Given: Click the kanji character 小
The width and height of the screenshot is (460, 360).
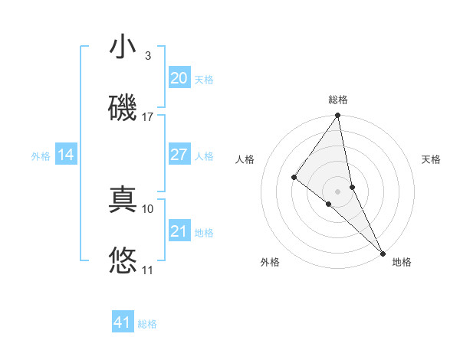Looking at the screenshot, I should [x=123, y=47].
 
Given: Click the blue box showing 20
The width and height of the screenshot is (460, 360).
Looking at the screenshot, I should [x=179, y=77].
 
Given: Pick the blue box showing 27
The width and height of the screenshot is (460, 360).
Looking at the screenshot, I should [x=179, y=155].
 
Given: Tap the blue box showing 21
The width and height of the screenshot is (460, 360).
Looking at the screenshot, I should [x=179, y=231].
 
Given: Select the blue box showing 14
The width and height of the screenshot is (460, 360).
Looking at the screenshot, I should [x=66, y=155].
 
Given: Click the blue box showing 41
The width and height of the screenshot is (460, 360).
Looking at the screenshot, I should [x=123, y=322].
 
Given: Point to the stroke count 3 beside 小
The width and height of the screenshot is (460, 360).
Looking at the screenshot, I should [x=148, y=56].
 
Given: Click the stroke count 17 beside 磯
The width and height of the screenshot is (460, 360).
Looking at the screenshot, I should [x=148, y=117].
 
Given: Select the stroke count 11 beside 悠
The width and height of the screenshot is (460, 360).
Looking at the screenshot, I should [x=148, y=270].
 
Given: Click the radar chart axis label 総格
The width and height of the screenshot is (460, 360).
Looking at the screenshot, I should [x=338, y=100].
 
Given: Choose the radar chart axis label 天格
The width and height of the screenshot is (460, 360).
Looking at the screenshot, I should [x=431, y=159].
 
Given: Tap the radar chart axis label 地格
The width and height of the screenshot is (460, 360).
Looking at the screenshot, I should [x=402, y=262].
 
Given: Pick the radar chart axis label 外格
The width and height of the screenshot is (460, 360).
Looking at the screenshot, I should [x=270, y=262].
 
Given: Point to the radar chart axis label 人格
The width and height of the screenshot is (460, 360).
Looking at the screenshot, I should [x=245, y=159].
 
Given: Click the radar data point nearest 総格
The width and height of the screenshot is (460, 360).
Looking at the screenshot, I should [x=337, y=116].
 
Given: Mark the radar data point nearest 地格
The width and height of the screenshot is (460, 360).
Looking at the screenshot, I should [x=383, y=252].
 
